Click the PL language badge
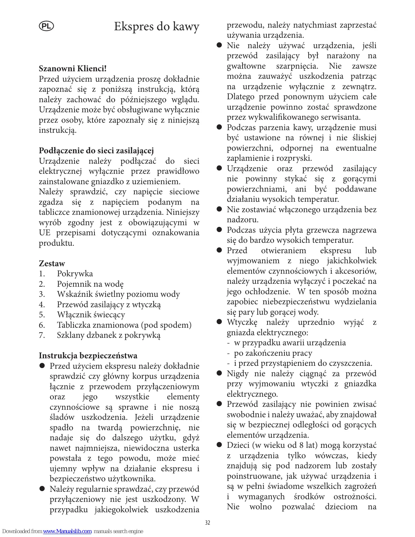tap(46, 26)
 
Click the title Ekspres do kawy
tap(156, 26)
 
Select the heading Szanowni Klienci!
tap(73, 69)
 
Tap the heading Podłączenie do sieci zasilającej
tap(96, 151)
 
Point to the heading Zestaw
tap(52, 263)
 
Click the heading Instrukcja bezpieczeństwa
tap(88, 355)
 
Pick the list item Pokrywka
tap(75, 274)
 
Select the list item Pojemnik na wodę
tap(90, 284)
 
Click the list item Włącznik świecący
tap(91, 315)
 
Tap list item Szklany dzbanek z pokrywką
tap(109, 335)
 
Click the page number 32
tap(208, 523)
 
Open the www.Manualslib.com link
tap(67, 531)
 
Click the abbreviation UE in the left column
tap(45, 233)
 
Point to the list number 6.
tap(42, 325)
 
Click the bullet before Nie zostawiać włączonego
tap(219, 209)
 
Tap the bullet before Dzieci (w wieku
tap(219, 445)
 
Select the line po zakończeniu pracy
tap(273, 353)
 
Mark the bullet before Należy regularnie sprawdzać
tap(42, 489)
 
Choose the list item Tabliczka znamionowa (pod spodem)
tap(124, 325)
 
